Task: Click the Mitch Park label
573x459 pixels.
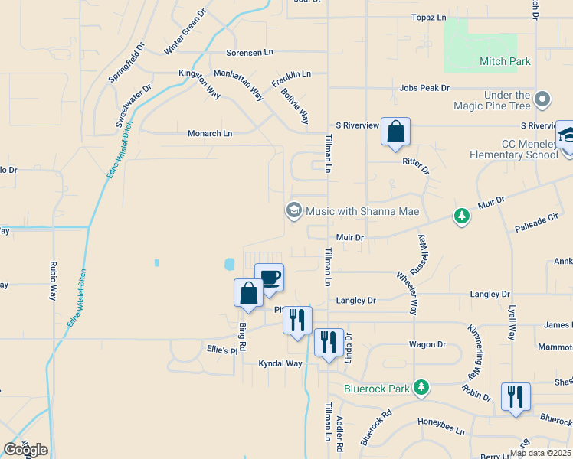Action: (x=504, y=60)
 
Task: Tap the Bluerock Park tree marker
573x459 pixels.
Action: (x=421, y=388)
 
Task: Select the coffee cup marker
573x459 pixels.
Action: (x=269, y=278)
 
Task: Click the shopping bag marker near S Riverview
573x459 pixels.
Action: (x=395, y=132)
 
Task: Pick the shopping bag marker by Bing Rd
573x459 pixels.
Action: (x=249, y=294)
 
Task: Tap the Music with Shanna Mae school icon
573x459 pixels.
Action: (x=293, y=210)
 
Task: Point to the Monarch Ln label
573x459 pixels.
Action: (x=210, y=133)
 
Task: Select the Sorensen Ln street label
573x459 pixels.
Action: (x=249, y=53)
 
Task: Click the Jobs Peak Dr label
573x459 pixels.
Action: (x=424, y=88)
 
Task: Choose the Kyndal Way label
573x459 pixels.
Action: (x=280, y=363)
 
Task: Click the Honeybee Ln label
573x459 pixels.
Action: (x=441, y=422)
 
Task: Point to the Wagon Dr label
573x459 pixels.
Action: (x=427, y=344)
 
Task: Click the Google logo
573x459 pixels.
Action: (x=25, y=450)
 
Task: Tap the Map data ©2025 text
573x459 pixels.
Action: (x=540, y=453)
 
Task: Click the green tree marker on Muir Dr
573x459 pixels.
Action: (x=461, y=216)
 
